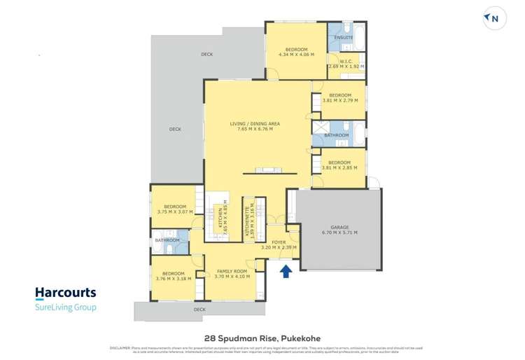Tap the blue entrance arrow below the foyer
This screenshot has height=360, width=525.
[286, 270]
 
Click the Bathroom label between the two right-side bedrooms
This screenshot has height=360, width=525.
[337, 134]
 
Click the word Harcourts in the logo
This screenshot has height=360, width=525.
[65, 293]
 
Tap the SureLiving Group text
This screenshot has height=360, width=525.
[65, 307]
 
